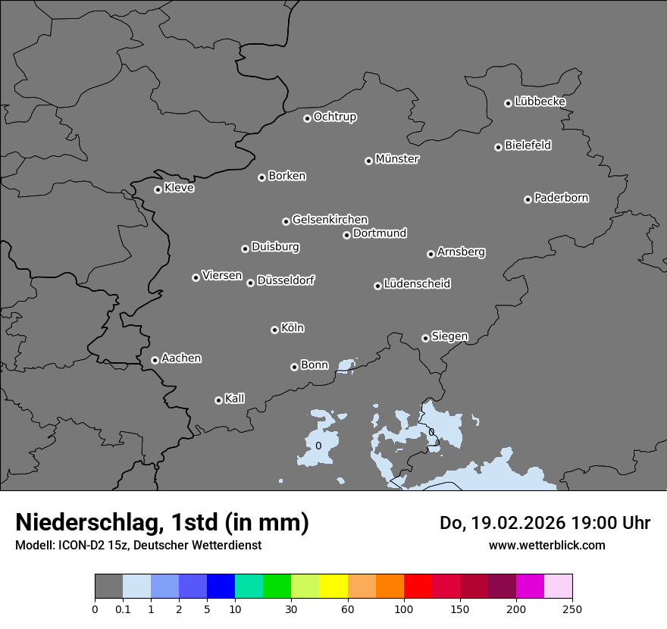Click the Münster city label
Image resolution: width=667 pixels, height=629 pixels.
(x=397, y=159)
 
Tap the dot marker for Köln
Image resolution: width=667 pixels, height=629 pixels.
(x=274, y=330)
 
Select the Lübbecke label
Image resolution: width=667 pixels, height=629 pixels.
(x=540, y=102)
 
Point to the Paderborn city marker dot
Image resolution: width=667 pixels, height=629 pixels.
(x=528, y=199)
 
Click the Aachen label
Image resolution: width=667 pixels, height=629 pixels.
(x=181, y=358)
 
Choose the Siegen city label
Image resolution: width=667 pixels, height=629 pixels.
(x=449, y=336)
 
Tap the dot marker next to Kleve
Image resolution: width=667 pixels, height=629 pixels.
(x=158, y=189)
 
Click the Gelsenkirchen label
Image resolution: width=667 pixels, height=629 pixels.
(x=330, y=220)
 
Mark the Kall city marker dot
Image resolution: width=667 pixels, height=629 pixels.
(x=218, y=400)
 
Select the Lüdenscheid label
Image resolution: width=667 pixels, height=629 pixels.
(x=417, y=284)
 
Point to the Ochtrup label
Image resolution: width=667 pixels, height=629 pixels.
(x=335, y=117)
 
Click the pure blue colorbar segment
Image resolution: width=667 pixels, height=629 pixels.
(x=221, y=587)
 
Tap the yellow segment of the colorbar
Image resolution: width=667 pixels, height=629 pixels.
(x=333, y=587)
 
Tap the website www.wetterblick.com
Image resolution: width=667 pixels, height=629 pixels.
(x=546, y=545)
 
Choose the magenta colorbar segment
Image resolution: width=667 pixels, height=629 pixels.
(x=530, y=587)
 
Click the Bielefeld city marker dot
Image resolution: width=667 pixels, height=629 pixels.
(x=498, y=147)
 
